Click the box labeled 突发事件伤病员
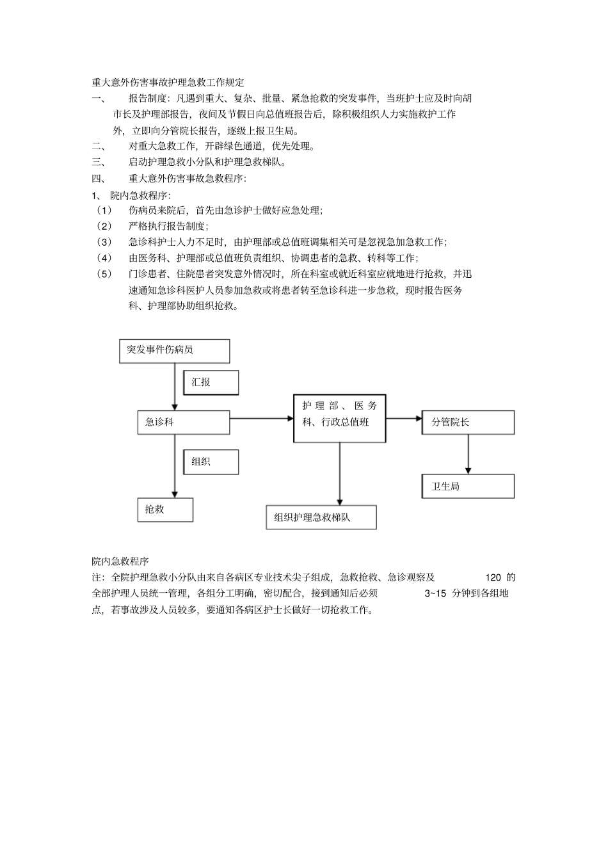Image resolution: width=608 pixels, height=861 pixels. [174, 351]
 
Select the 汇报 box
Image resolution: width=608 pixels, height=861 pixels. [211, 382]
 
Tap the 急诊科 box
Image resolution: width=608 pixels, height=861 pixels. [183, 422]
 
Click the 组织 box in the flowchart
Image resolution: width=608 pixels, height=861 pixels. [211, 462]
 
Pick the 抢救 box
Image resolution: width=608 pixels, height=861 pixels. [165, 510]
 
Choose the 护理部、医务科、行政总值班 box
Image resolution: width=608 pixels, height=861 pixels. [339, 418]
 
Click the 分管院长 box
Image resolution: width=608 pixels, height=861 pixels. [468, 422]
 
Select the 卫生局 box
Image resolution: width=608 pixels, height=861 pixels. [468, 487]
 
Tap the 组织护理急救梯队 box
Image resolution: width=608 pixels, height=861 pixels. [321, 517]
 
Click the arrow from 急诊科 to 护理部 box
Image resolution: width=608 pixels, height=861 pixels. [261, 419]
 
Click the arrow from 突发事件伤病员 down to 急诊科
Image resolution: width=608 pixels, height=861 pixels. [175, 387]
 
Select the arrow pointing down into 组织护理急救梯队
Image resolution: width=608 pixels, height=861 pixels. [340, 474]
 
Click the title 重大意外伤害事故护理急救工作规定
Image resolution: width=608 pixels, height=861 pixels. [168, 83]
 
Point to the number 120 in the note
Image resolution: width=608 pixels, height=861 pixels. [493, 577]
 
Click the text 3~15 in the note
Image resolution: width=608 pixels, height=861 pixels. [435, 593]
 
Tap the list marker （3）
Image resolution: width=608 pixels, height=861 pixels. [104, 242]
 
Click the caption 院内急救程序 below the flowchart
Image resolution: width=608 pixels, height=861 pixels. [120, 561]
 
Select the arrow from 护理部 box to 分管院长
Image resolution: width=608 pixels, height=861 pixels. [404, 419]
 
